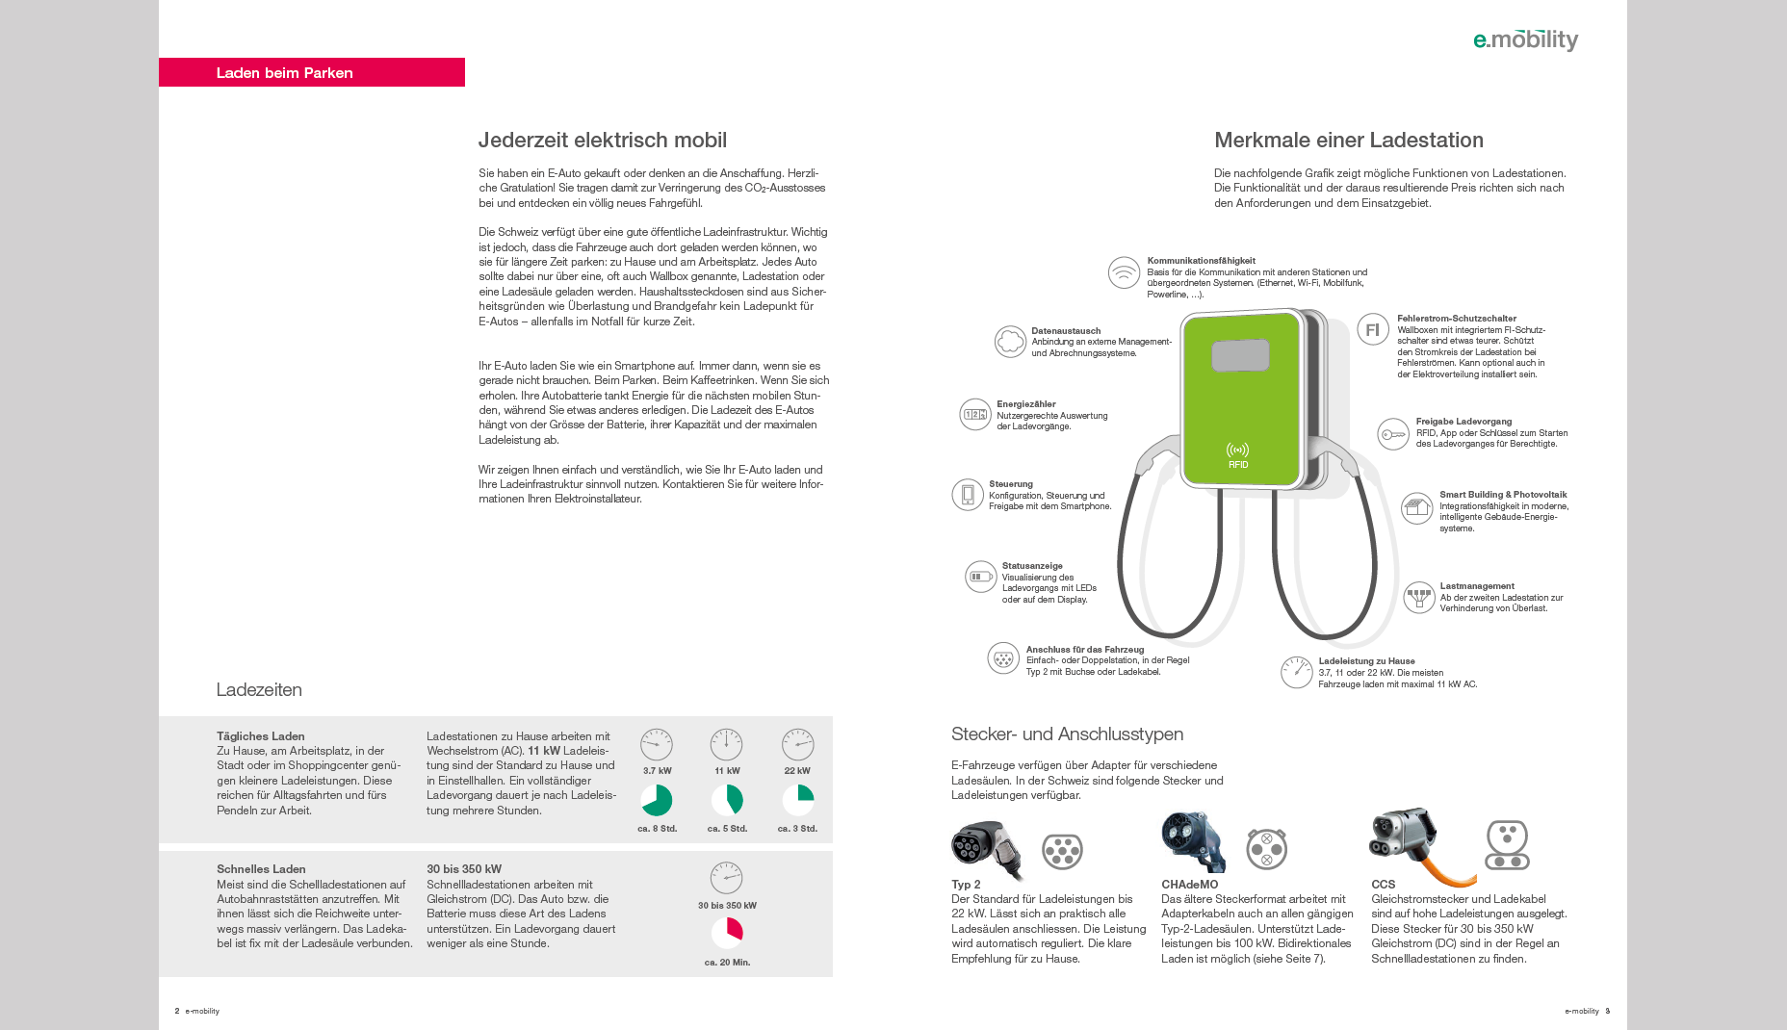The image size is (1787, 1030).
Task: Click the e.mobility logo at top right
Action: pos(1525,39)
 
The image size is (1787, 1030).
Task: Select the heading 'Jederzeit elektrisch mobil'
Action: pos(602,140)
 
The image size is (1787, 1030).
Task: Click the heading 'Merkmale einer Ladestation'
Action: pos(1348,140)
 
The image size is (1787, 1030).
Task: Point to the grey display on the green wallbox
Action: pos(1240,355)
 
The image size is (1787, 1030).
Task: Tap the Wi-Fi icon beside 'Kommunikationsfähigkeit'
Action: pos(1124,272)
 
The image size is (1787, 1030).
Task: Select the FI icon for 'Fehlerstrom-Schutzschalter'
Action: pos(1373,329)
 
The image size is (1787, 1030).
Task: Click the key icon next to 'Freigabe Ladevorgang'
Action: pos(1392,434)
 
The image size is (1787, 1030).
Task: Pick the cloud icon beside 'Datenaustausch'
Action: pos(1010,341)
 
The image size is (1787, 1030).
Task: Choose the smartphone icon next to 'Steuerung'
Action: pos(968,495)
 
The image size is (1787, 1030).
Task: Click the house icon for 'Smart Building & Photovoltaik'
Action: pos(1416,507)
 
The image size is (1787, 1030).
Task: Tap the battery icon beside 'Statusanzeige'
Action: pos(980,577)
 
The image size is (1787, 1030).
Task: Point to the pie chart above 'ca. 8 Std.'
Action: pos(657,800)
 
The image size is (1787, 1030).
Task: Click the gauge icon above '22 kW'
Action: pos(797,744)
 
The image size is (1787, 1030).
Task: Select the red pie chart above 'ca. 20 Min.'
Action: pos(727,932)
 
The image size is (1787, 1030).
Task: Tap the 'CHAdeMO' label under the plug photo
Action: pos(1189,884)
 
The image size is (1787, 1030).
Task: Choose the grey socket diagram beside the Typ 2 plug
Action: pos(1062,851)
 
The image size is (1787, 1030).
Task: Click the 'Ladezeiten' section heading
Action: pos(259,689)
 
